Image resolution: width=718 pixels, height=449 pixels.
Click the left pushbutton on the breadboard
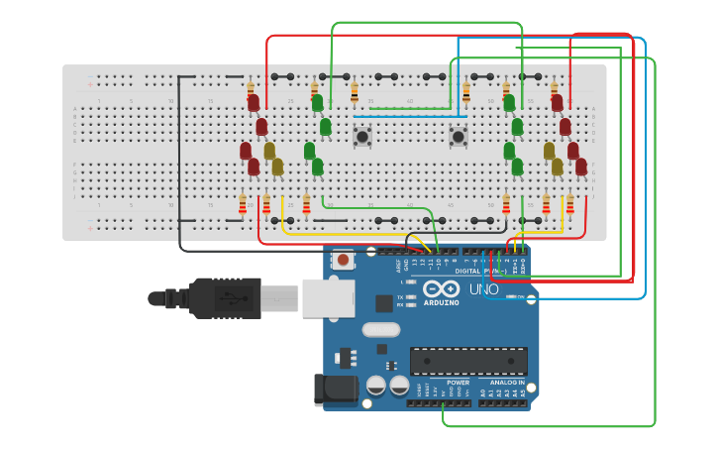[363, 136]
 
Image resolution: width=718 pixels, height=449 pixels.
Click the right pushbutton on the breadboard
[459, 136]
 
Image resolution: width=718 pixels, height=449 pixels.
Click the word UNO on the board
[483, 288]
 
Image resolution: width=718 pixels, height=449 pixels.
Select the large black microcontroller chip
[468, 361]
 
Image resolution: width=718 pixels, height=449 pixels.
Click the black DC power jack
[335, 389]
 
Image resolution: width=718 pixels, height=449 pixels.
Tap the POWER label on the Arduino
[458, 382]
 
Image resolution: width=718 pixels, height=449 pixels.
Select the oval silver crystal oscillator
[381, 329]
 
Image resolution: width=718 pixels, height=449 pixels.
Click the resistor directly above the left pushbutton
[355, 92]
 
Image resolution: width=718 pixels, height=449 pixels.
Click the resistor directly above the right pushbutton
[466, 92]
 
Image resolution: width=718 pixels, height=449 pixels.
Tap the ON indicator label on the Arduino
[522, 296]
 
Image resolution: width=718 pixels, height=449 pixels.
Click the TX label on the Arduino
[399, 296]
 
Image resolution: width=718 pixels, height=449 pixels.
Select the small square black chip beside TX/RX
[383, 303]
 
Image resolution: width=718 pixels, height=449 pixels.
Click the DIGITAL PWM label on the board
[476, 271]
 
